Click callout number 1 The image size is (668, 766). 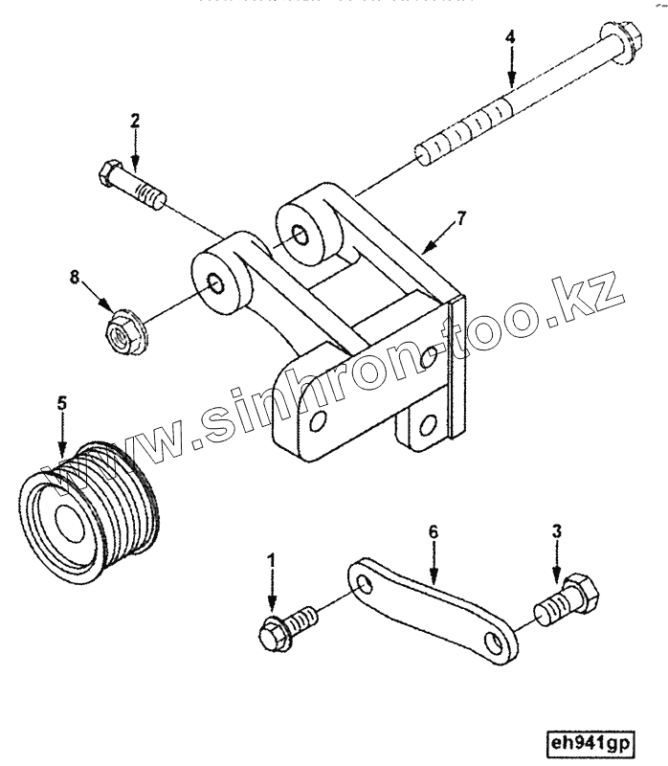272,558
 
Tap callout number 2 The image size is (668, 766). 135,121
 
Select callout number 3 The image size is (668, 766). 556,529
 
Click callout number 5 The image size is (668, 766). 62,403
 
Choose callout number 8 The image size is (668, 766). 73,279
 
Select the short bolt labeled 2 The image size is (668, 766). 134,188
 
